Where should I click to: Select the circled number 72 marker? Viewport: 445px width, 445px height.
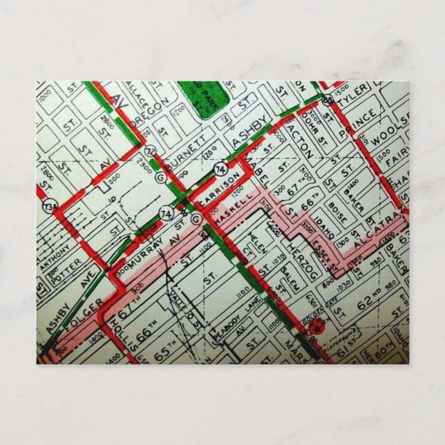[151, 150]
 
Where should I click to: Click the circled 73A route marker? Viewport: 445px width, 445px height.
[48, 206]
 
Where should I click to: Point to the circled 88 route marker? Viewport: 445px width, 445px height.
[327, 100]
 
